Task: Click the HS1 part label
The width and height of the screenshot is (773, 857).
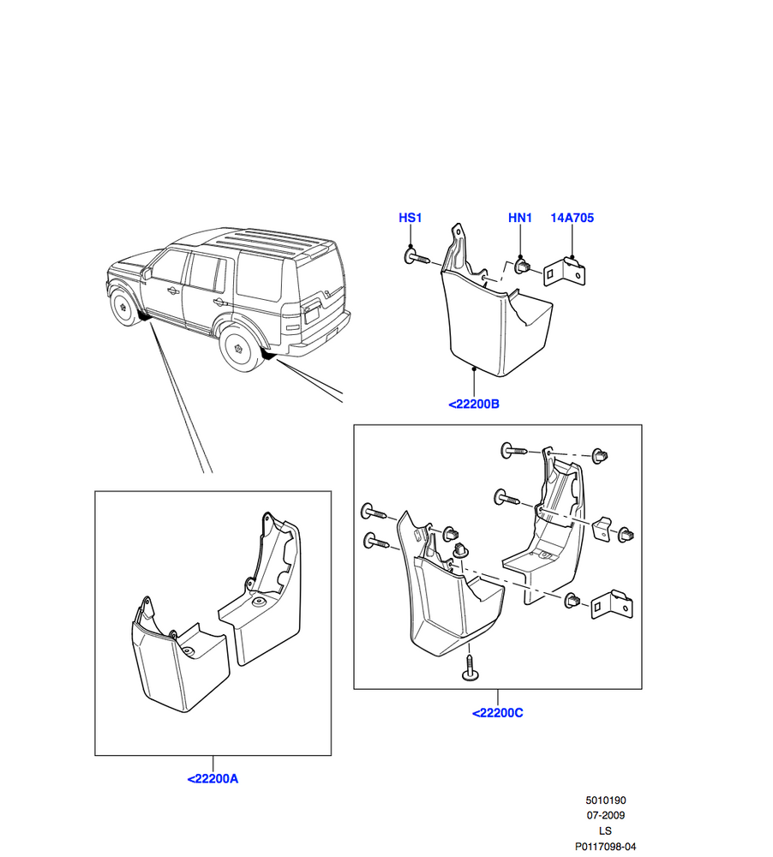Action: coord(410,218)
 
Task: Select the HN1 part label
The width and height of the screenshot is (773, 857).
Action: coord(520,218)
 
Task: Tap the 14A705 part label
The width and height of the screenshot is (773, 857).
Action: coord(572,218)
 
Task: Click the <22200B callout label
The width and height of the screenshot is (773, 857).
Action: coord(473,404)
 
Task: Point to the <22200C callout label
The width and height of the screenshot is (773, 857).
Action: coord(497,712)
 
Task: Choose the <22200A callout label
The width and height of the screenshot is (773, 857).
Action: coord(213,779)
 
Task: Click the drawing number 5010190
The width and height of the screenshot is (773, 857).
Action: coord(606,800)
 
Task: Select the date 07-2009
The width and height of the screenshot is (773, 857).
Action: coord(606,816)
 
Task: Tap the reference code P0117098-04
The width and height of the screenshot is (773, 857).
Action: coord(606,847)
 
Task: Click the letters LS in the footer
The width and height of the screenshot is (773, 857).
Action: coord(606,831)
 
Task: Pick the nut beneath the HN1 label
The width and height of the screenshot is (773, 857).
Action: coord(521,267)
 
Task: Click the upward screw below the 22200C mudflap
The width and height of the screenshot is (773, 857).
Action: coord(470,668)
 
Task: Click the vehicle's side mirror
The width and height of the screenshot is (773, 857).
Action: coord(148,274)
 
